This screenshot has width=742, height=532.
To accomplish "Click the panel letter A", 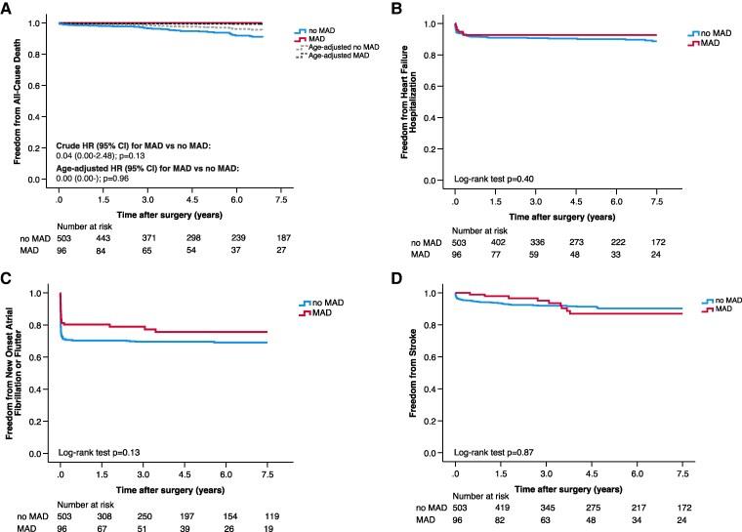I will pos(7,9).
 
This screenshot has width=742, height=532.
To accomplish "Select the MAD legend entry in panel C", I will pos(322,314).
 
